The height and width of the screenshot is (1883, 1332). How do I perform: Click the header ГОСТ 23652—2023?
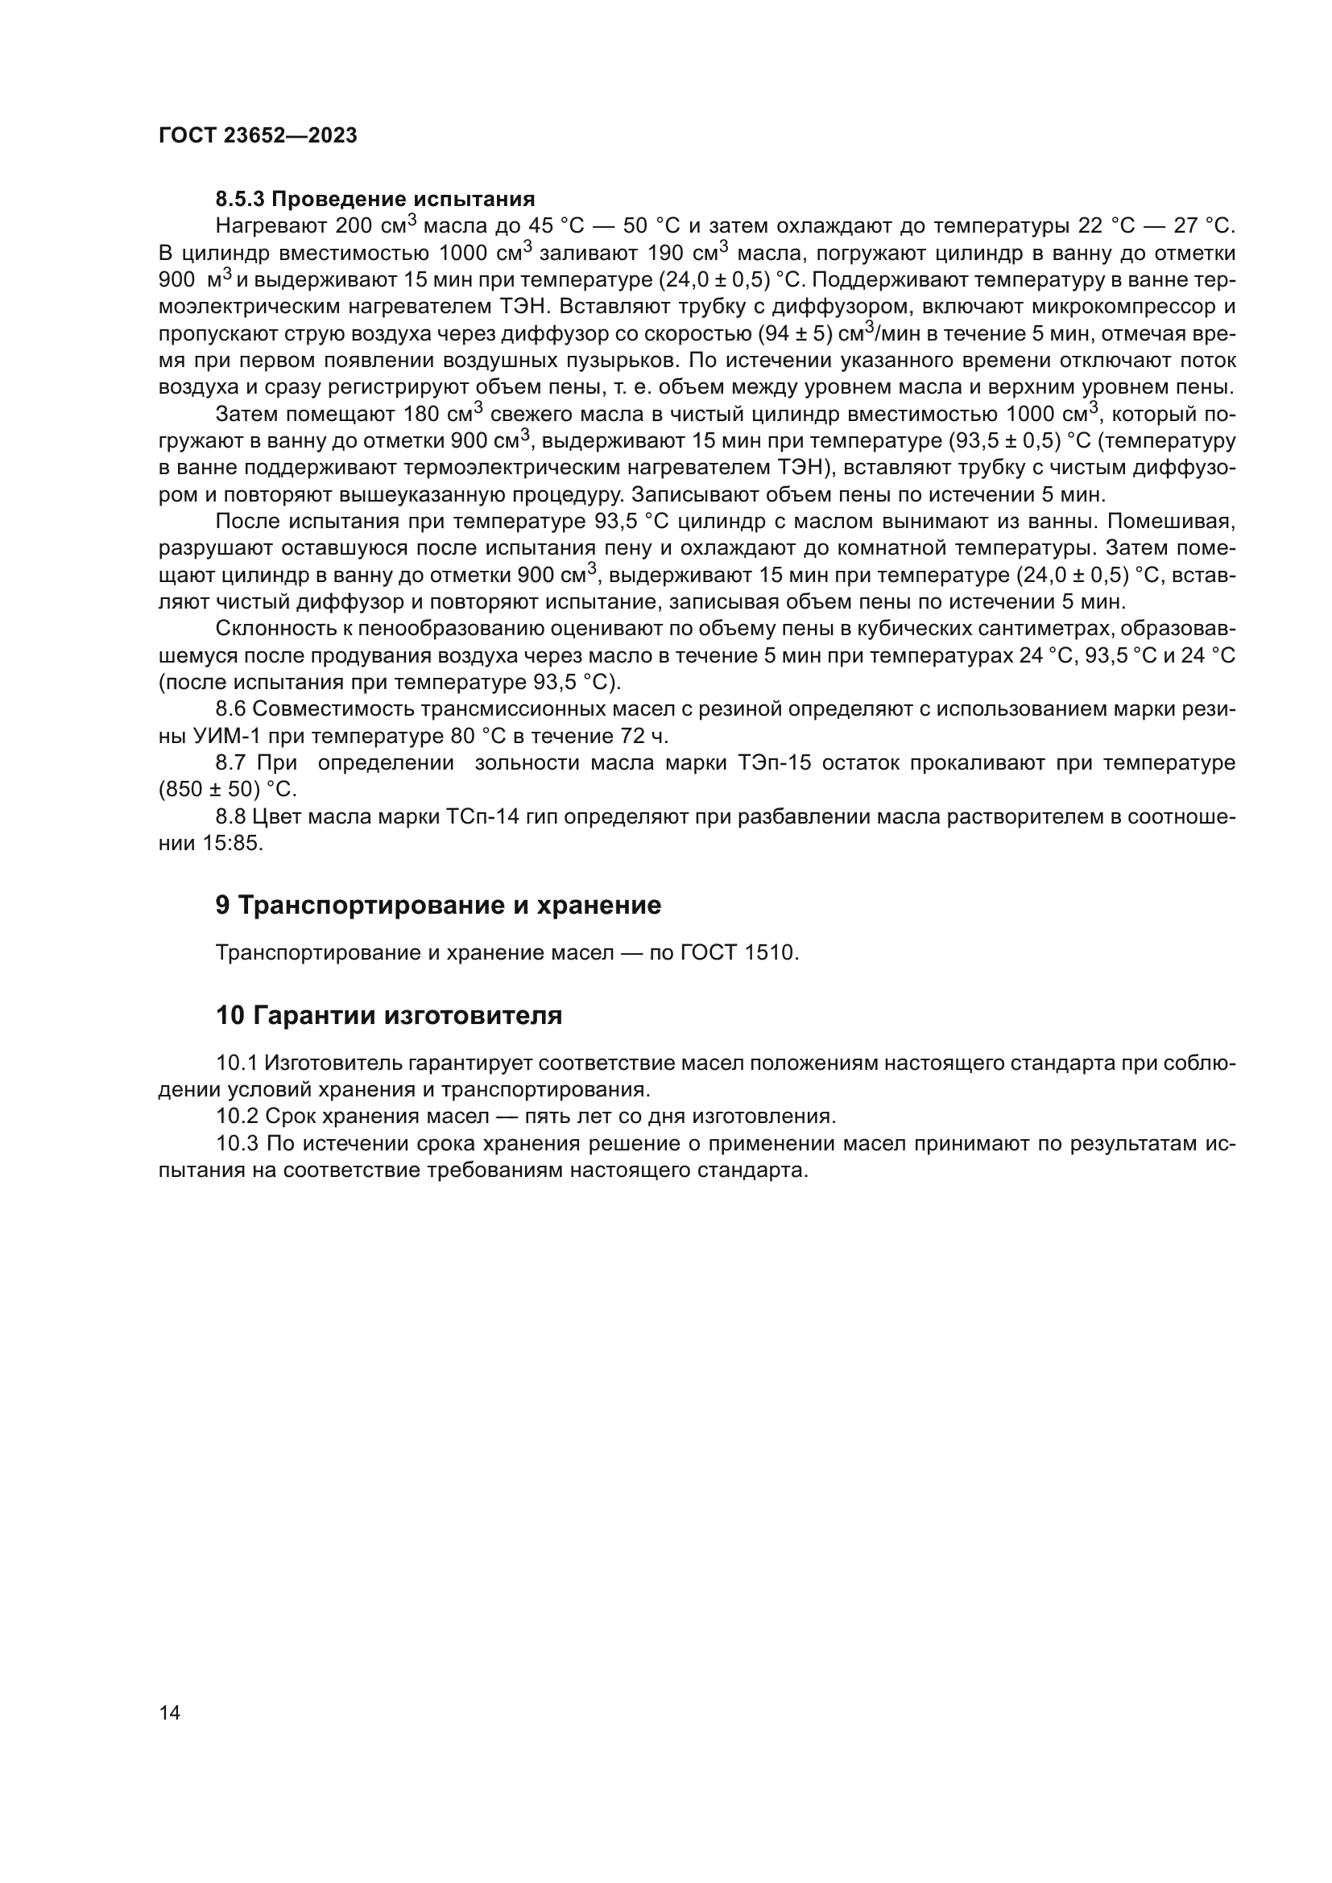[258, 136]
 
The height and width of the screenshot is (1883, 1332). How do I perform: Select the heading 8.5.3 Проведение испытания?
[374, 200]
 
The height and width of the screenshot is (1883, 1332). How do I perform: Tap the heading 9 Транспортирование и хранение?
[438, 906]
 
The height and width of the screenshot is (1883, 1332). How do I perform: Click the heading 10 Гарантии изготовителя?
[389, 1015]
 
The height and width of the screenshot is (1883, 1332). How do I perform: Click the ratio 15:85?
[233, 844]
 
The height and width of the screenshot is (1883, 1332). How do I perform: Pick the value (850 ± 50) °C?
[226, 790]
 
